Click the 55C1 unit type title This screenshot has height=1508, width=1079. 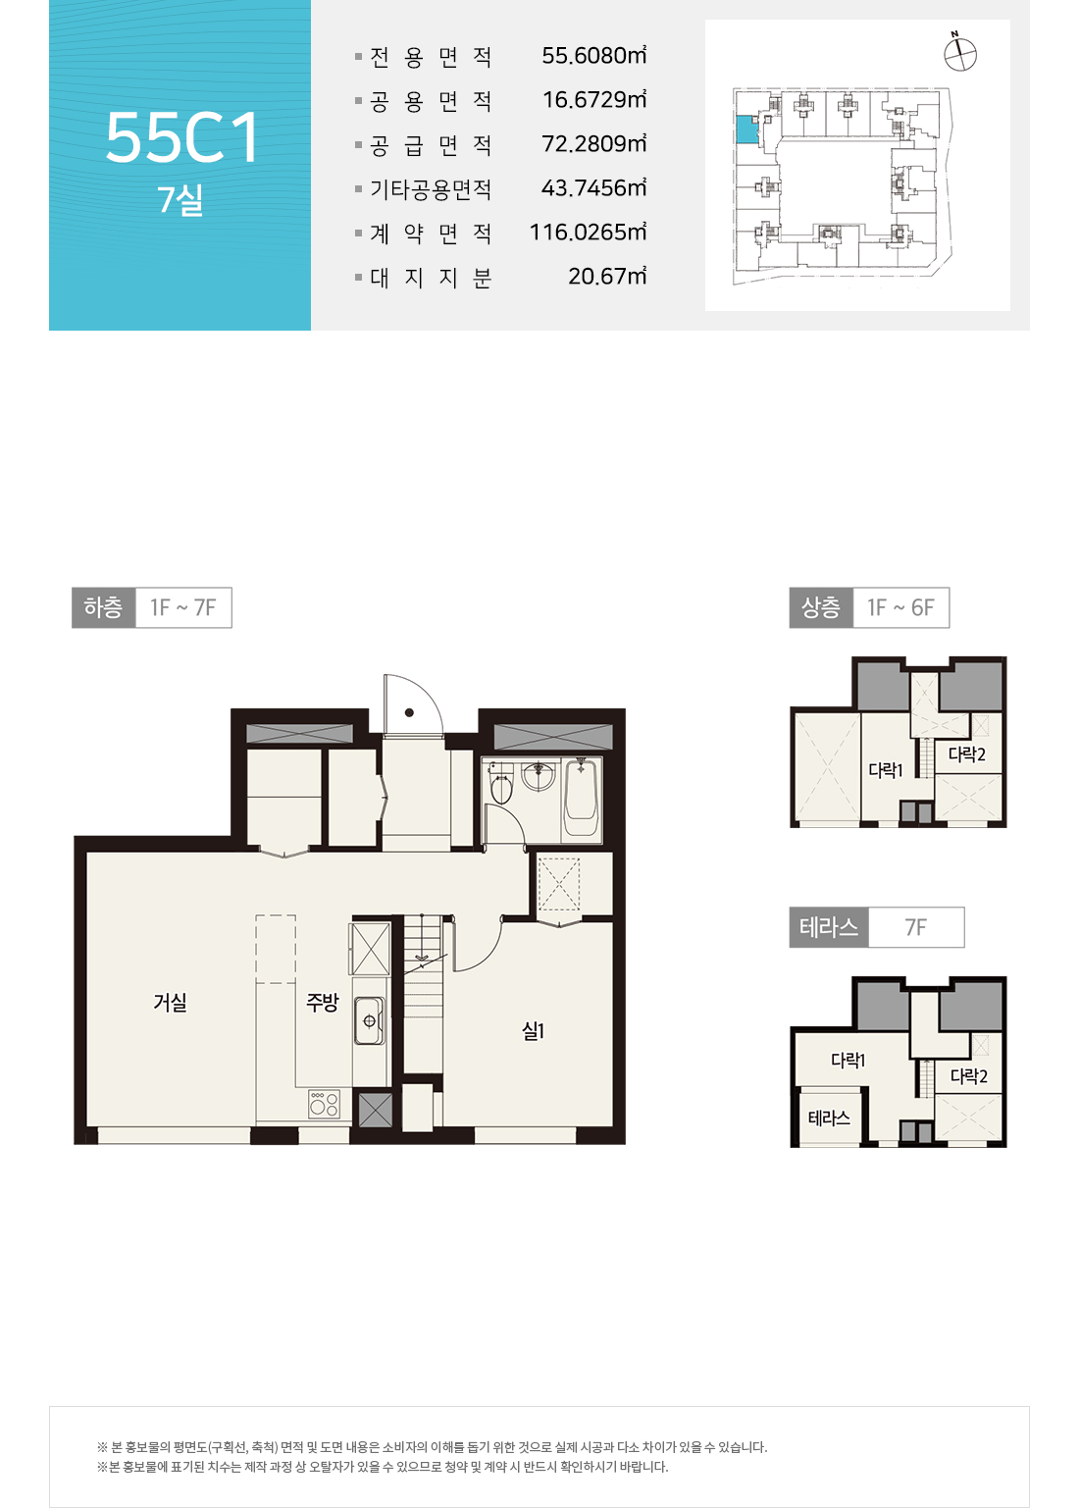point(181,137)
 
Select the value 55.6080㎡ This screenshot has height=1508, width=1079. point(594,55)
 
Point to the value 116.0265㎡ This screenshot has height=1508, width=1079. point(589,233)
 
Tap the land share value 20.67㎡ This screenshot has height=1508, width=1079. point(607,276)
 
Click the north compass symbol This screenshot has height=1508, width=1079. point(960,53)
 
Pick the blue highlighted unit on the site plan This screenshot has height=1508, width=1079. point(745,130)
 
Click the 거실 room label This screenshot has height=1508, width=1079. point(171,1003)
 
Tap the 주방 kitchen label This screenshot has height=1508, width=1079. point(323,1003)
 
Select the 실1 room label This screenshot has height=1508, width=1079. point(533,1030)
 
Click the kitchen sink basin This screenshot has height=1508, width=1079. point(369,1020)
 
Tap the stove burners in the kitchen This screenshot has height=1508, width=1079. point(324,1104)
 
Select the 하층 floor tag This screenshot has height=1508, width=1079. point(104,607)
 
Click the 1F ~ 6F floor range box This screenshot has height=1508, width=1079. point(900,607)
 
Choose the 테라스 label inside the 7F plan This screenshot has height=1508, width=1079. point(829,1118)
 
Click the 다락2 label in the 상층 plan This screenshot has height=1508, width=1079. point(966,754)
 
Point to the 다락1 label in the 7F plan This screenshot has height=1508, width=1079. point(848,1061)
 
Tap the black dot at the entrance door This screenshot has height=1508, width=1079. point(409,712)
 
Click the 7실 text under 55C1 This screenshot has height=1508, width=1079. point(180,200)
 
